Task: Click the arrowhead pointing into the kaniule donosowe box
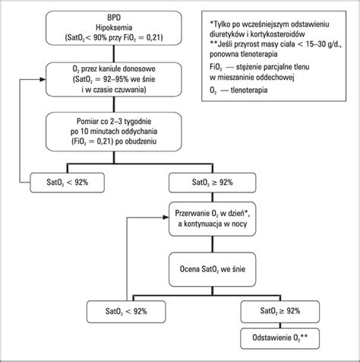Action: click(43, 78)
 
